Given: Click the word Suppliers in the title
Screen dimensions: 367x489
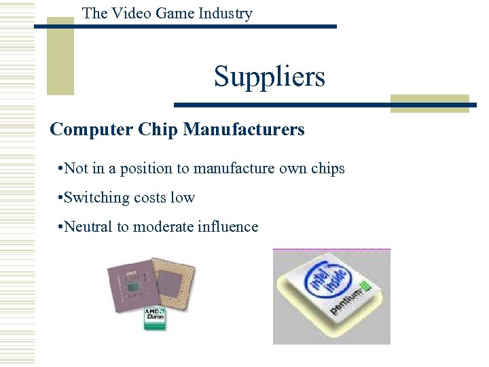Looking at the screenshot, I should click(270, 77).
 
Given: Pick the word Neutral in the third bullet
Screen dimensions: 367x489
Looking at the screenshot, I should click(89, 227).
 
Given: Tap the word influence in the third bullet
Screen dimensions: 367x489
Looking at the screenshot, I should click(228, 227).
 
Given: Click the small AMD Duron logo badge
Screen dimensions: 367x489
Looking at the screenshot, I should click(155, 318).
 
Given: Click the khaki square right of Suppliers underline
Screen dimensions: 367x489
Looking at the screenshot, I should click(429, 103).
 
